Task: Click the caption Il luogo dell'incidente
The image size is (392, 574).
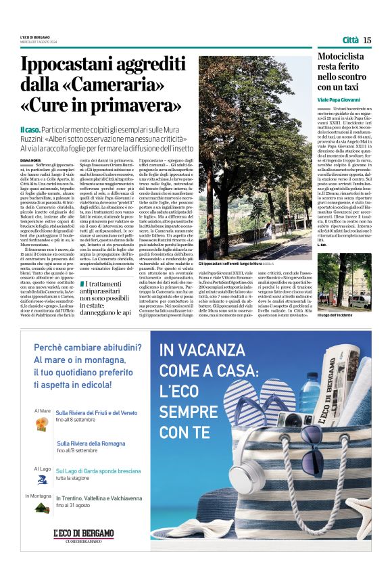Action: pyautogui.click(x=337, y=316)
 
